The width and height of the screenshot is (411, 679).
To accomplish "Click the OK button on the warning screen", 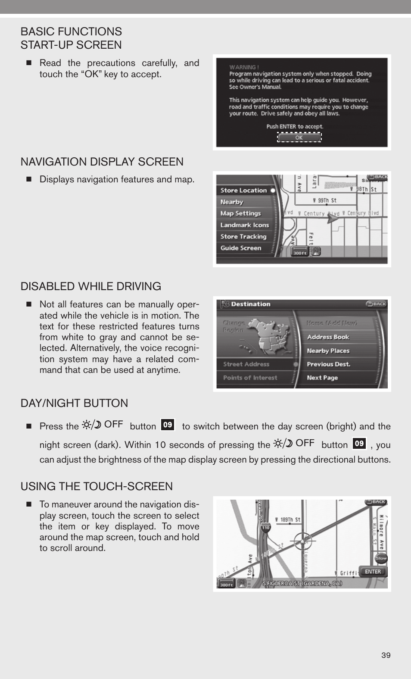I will pyautogui.click(x=299, y=138).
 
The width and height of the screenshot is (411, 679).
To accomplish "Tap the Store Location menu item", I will pyautogui.click(x=244, y=191).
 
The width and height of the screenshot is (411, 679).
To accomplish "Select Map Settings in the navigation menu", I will pyautogui.click(x=241, y=213).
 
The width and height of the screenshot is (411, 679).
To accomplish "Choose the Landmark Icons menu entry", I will pyautogui.click(x=245, y=225).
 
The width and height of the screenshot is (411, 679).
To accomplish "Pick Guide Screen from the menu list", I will pyautogui.click(x=241, y=248).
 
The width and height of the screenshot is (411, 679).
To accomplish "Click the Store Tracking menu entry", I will pyautogui.click(x=243, y=237).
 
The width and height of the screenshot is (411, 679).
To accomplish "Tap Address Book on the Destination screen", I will pyautogui.click(x=328, y=337).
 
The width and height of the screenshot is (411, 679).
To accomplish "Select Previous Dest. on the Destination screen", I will pyautogui.click(x=328, y=364).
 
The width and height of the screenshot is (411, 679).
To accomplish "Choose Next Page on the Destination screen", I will pyautogui.click(x=322, y=378).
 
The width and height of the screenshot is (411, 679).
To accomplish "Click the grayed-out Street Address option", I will pyautogui.click(x=246, y=364).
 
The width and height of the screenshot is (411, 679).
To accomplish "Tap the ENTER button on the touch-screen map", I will pyautogui.click(x=373, y=572).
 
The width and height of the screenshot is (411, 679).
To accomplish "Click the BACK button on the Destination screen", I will pyautogui.click(x=376, y=304).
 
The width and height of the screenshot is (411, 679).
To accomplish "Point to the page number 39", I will pyautogui.click(x=386, y=656).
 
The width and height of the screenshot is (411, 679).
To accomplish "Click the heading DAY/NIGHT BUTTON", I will pyautogui.click(x=75, y=404).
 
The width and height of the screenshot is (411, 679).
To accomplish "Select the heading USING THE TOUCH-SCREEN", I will pyautogui.click(x=97, y=487).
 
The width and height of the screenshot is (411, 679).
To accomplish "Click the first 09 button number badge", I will pyautogui.click(x=168, y=425).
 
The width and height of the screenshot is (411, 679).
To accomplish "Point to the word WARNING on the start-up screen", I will pyautogui.click(x=244, y=67).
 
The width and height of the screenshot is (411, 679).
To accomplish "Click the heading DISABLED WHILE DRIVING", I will pyautogui.click(x=91, y=287).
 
